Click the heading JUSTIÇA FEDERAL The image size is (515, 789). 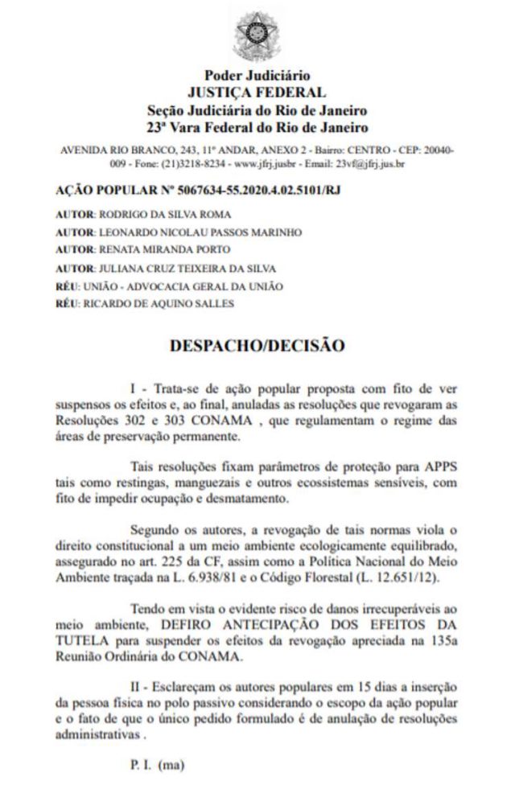tap(257, 92)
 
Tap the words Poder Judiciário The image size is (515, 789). tap(257, 76)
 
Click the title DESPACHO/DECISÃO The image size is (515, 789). tap(257, 346)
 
